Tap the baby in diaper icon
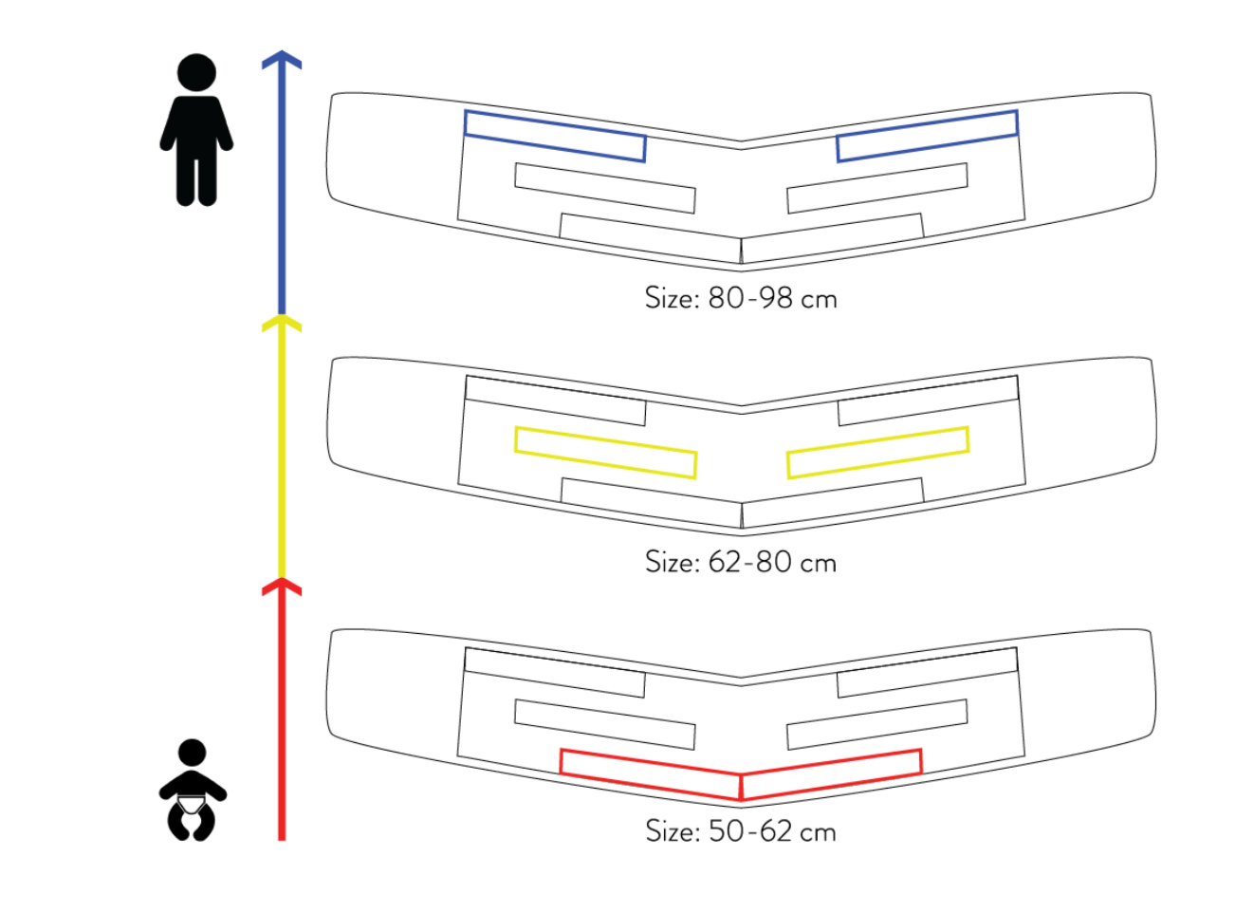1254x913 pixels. [x=193, y=792]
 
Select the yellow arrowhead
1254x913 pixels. [x=282, y=323]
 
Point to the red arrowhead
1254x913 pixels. [x=282, y=586]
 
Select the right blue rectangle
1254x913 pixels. [x=927, y=136]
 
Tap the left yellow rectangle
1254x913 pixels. [x=605, y=452]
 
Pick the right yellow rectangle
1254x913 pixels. [x=877, y=452]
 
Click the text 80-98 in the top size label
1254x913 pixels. [x=749, y=298]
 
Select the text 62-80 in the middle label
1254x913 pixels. [x=749, y=562]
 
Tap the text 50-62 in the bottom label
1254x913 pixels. [x=749, y=831]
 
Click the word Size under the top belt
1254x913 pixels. [x=672, y=298]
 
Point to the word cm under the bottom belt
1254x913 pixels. [x=818, y=833]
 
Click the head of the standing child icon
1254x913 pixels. [x=196, y=72]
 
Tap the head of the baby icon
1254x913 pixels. [x=193, y=753]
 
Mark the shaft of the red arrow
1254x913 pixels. [x=282, y=721]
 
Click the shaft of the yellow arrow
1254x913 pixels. [x=282, y=456]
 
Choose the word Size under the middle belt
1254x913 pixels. [x=672, y=562]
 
